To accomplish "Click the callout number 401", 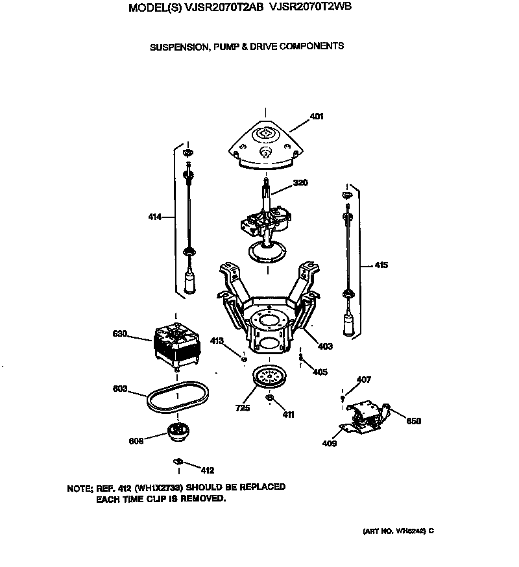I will coord(317,117).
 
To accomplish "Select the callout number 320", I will coord(300,183).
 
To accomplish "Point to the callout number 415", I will coord(380,265).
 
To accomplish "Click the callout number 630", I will coord(120,335).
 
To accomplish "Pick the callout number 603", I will coord(120,389).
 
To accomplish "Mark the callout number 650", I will coord(413,421).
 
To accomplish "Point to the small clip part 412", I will coord(176,461).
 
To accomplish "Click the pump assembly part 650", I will coord(367,415).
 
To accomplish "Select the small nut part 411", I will coord(271,398).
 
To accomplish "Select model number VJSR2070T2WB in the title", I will coord(313,8).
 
